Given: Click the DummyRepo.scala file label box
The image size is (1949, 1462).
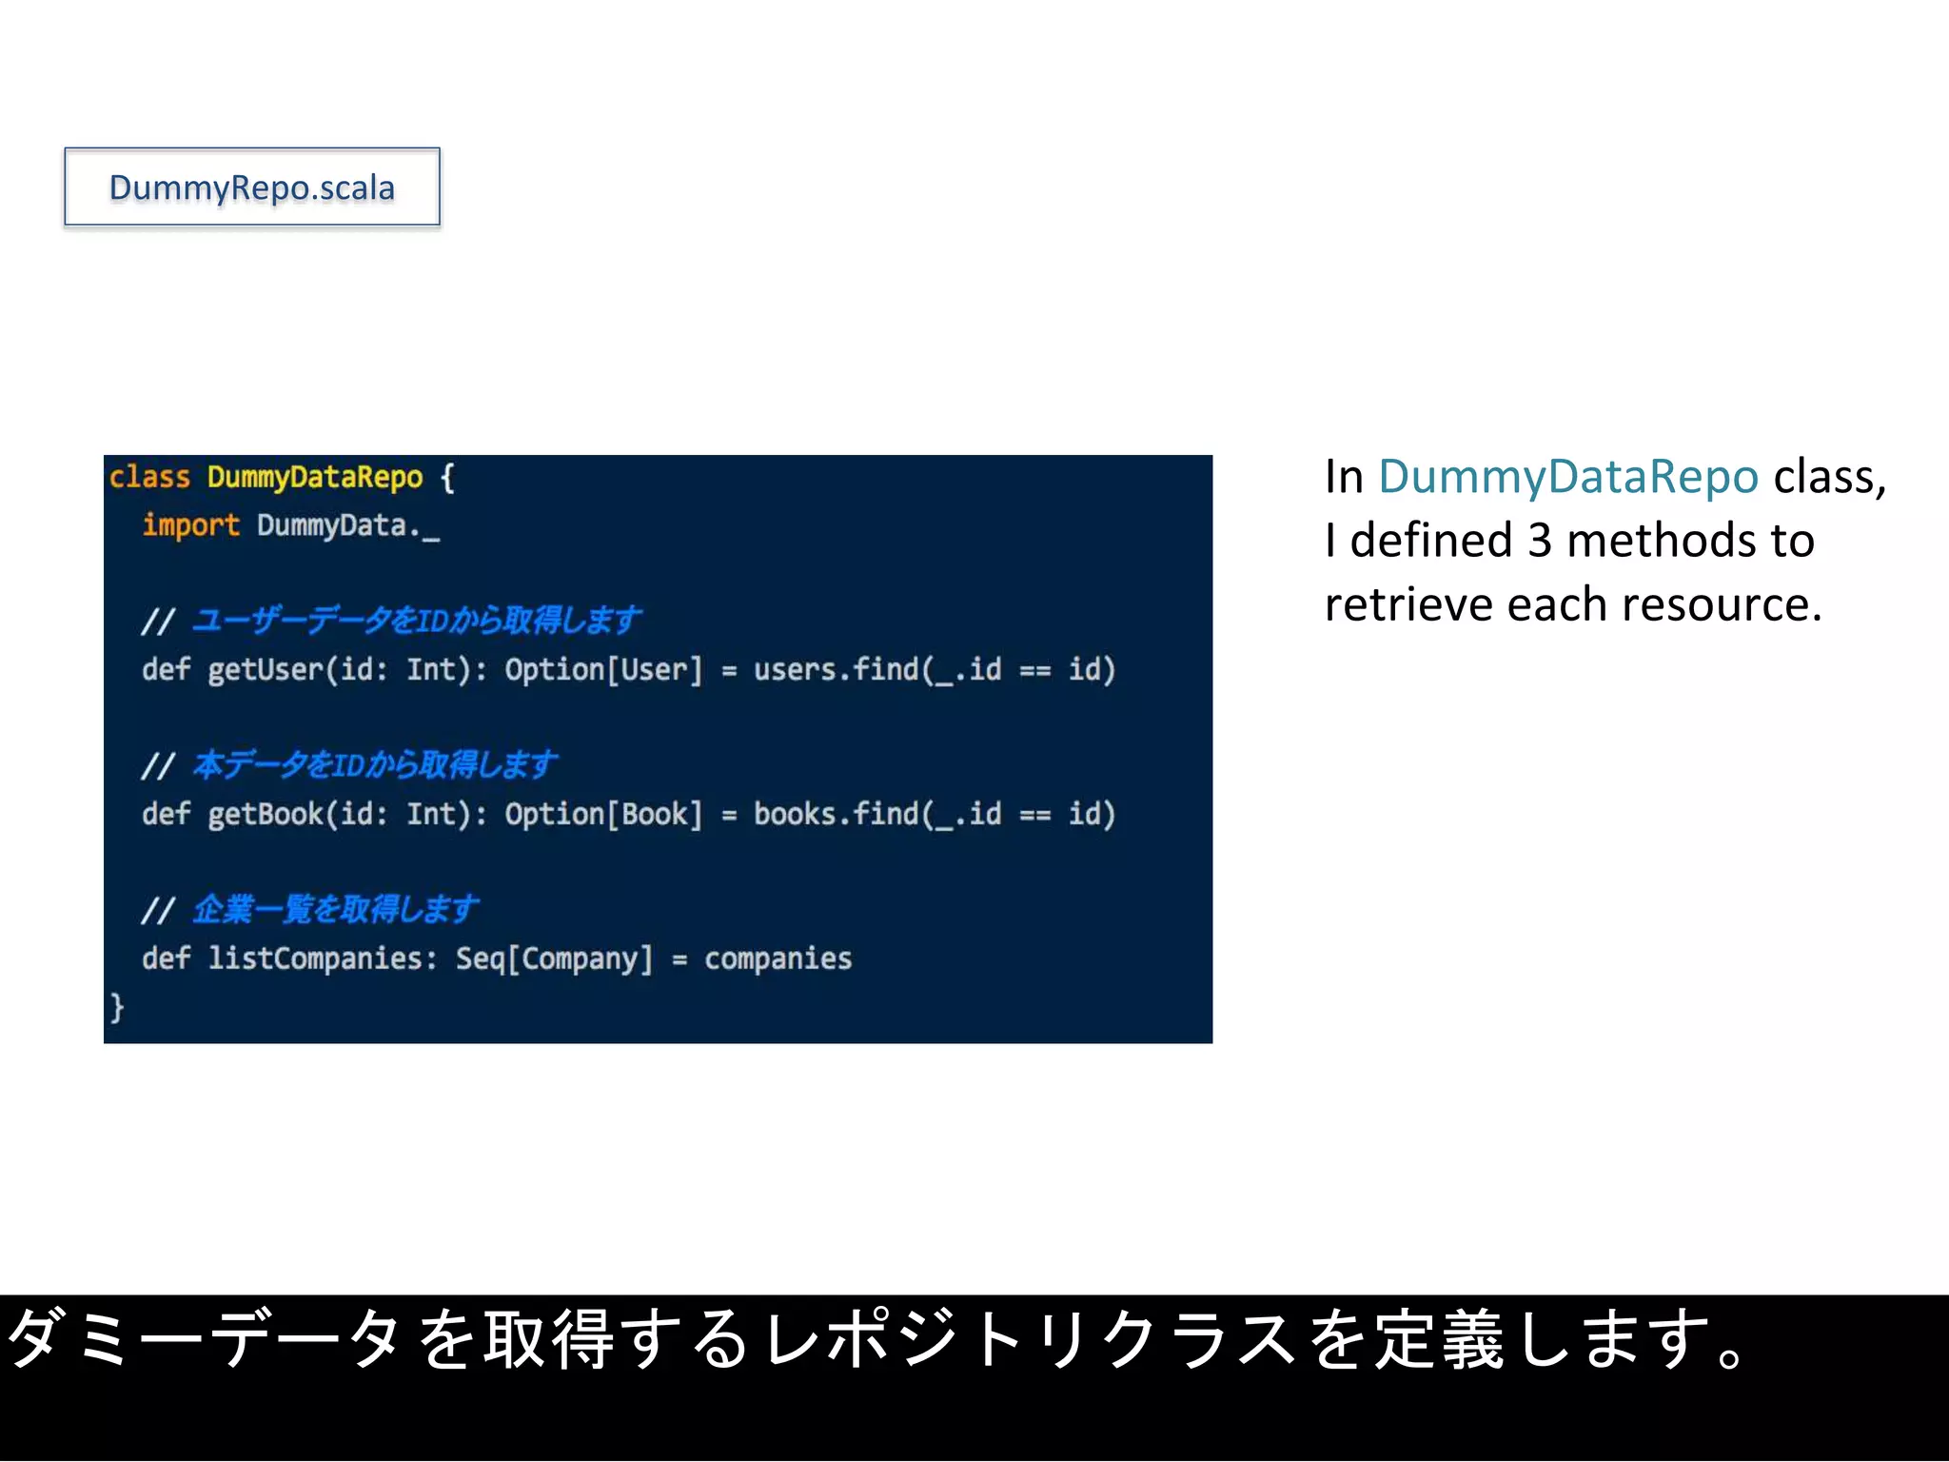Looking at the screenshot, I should pos(252,188).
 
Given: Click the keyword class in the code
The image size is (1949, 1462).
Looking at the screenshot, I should pos(149,477).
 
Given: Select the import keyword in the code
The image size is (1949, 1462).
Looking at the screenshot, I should pos(190,525).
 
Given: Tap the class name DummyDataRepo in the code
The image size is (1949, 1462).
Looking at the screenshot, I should pos(315,477).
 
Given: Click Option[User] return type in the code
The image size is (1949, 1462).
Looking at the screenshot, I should pos(603,670).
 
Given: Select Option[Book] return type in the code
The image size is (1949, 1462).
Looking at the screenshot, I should pos(603,815).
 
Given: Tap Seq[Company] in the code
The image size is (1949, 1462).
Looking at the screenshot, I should pos(554,958).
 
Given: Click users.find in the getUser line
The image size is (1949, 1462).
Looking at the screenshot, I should pos(836,670).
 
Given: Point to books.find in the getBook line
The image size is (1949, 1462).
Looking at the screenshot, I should pos(836,815).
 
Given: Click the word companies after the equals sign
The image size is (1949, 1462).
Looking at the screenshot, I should pos(778,958).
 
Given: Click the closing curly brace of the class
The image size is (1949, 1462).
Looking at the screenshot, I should pos(116,1007).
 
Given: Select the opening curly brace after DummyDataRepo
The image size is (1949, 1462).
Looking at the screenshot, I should pos(447,477).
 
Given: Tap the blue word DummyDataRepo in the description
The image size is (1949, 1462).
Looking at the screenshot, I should pos(1567,477).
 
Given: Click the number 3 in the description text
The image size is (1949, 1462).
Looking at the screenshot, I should pos(1539,541).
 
